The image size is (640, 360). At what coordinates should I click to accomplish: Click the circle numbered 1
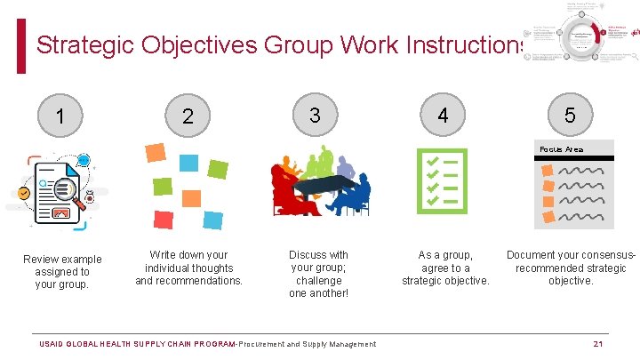60,116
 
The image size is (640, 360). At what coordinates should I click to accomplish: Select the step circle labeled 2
188,116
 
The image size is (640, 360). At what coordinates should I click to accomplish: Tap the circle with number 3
315,115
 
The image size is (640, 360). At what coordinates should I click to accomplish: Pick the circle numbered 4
443,116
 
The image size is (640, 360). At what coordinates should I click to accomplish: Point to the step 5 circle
570,116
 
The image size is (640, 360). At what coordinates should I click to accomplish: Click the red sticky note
164,219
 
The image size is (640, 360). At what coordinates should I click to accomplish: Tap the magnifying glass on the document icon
68,192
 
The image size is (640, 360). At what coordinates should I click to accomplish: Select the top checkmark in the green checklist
433,162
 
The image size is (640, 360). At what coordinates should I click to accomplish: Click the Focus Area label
563,149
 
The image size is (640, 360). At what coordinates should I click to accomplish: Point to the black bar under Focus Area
576,158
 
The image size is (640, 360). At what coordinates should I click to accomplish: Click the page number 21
597,344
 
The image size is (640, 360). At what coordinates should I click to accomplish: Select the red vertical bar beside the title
21,47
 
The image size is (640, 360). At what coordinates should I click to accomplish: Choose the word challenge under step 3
319,281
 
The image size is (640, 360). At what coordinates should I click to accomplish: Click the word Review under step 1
41,260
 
